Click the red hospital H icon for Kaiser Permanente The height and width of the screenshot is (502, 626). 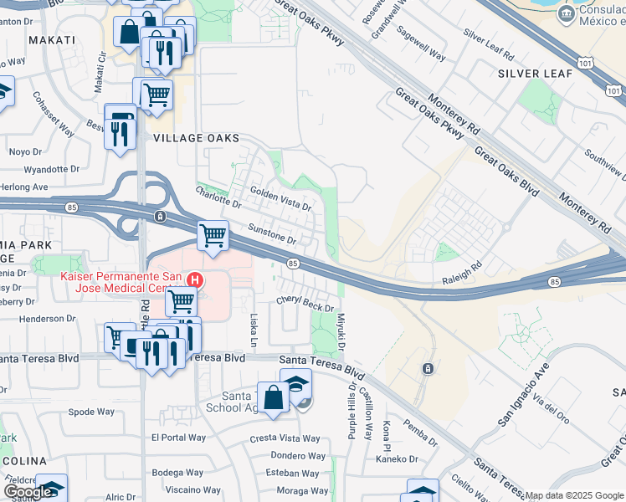(x=195, y=279)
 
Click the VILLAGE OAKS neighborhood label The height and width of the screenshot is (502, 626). (x=196, y=138)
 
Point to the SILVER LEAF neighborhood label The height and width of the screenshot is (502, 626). (x=535, y=74)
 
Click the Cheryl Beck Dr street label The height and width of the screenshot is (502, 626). (x=305, y=303)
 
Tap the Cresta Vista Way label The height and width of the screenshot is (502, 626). (x=285, y=438)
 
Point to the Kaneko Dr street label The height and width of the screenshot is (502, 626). (x=397, y=458)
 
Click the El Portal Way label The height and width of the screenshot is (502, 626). (x=179, y=438)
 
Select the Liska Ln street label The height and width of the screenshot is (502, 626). (x=254, y=330)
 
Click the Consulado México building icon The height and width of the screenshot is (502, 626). (x=567, y=13)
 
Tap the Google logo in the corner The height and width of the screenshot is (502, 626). (x=28, y=491)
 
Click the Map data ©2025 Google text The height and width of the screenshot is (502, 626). (x=574, y=495)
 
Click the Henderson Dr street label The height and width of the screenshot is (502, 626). (x=47, y=319)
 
